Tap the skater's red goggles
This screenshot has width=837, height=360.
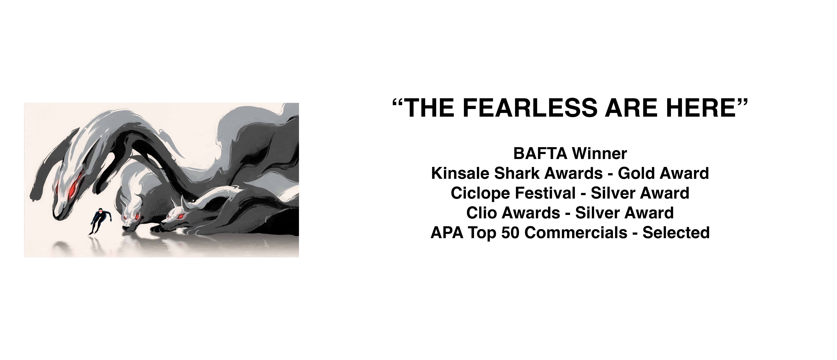pos(103,211)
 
